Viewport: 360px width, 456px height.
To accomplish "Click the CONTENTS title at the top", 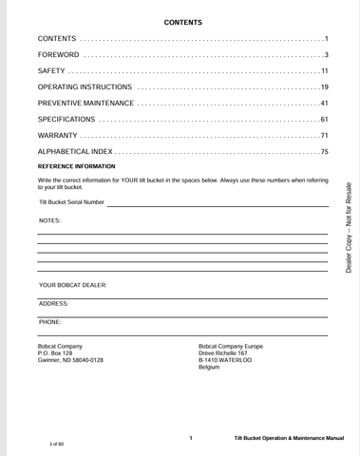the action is [x=182, y=22].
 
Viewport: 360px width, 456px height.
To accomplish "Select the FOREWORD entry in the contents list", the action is [x=59, y=55].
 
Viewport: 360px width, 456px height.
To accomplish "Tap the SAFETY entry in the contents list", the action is [x=51, y=71].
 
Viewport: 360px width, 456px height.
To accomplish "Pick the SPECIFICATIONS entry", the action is [x=66, y=119].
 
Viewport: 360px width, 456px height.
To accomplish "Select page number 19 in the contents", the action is [x=322, y=87].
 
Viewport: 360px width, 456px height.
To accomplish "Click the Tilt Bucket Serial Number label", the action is [x=72, y=201].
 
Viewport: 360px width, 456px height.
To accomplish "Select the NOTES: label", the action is [x=49, y=220].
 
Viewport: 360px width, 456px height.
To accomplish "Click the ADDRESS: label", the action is [x=54, y=303].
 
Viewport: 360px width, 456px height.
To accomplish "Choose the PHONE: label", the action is [x=50, y=322].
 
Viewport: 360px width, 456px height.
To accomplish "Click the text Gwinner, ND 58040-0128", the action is [x=70, y=361].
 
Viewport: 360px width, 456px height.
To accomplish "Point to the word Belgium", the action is [x=209, y=368].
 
